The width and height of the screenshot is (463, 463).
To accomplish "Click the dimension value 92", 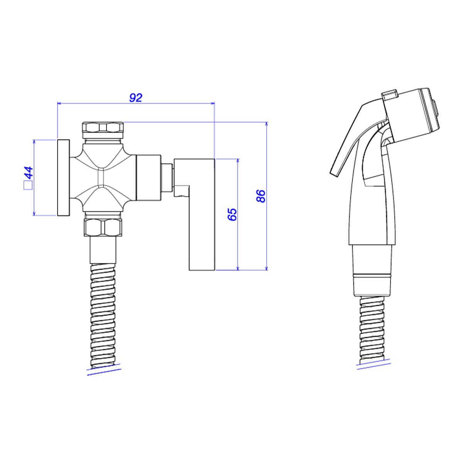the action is tap(136, 98).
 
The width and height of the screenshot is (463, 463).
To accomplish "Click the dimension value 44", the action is tap(29, 172).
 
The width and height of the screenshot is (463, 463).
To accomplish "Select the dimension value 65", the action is tap(232, 215).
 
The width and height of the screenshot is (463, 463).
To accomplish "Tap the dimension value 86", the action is tap(261, 196).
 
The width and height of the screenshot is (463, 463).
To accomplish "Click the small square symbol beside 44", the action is tap(28, 186).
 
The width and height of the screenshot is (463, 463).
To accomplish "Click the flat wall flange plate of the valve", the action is tap(63, 177).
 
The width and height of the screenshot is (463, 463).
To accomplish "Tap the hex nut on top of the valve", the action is tap(103, 130).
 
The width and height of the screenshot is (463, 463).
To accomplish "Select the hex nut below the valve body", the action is tap(103, 227).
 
